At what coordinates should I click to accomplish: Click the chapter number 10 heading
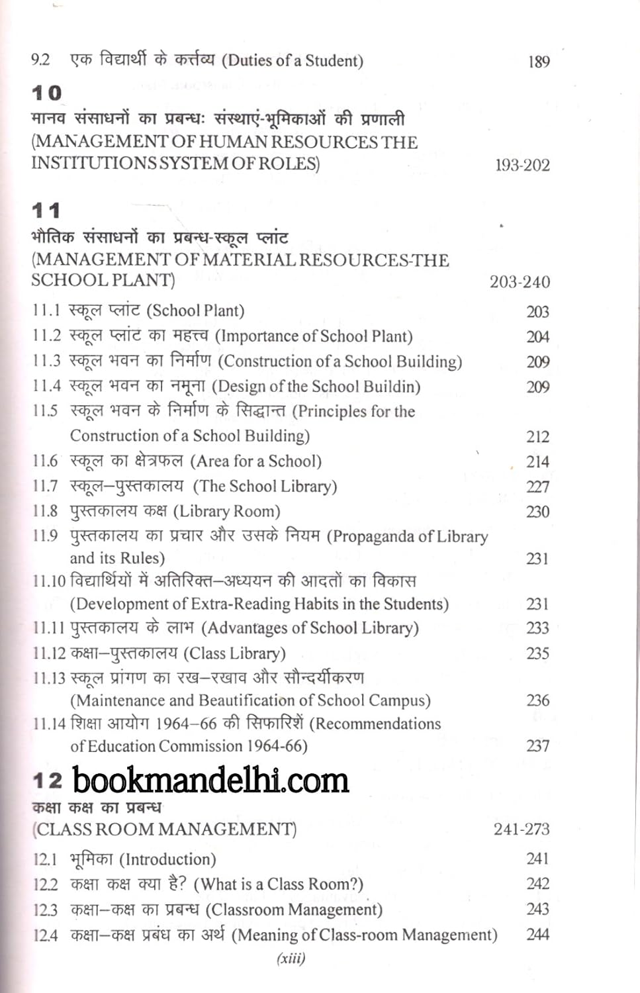(x=46, y=93)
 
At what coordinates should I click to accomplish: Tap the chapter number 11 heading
(x=46, y=211)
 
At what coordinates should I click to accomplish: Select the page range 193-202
(x=522, y=165)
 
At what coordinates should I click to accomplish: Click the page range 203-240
(x=520, y=282)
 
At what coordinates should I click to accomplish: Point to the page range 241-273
(x=522, y=829)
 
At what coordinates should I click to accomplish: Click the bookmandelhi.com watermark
(x=210, y=780)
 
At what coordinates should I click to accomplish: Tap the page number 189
(x=539, y=62)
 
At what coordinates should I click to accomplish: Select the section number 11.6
(x=45, y=461)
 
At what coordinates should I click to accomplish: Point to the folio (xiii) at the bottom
(x=291, y=958)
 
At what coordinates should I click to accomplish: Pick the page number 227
(x=537, y=487)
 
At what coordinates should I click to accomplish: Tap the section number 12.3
(x=45, y=910)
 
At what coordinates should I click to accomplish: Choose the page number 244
(x=537, y=934)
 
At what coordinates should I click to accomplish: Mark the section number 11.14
(x=49, y=724)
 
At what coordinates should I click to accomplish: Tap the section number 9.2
(x=40, y=60)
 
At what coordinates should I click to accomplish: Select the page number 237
(x=537, y=746)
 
